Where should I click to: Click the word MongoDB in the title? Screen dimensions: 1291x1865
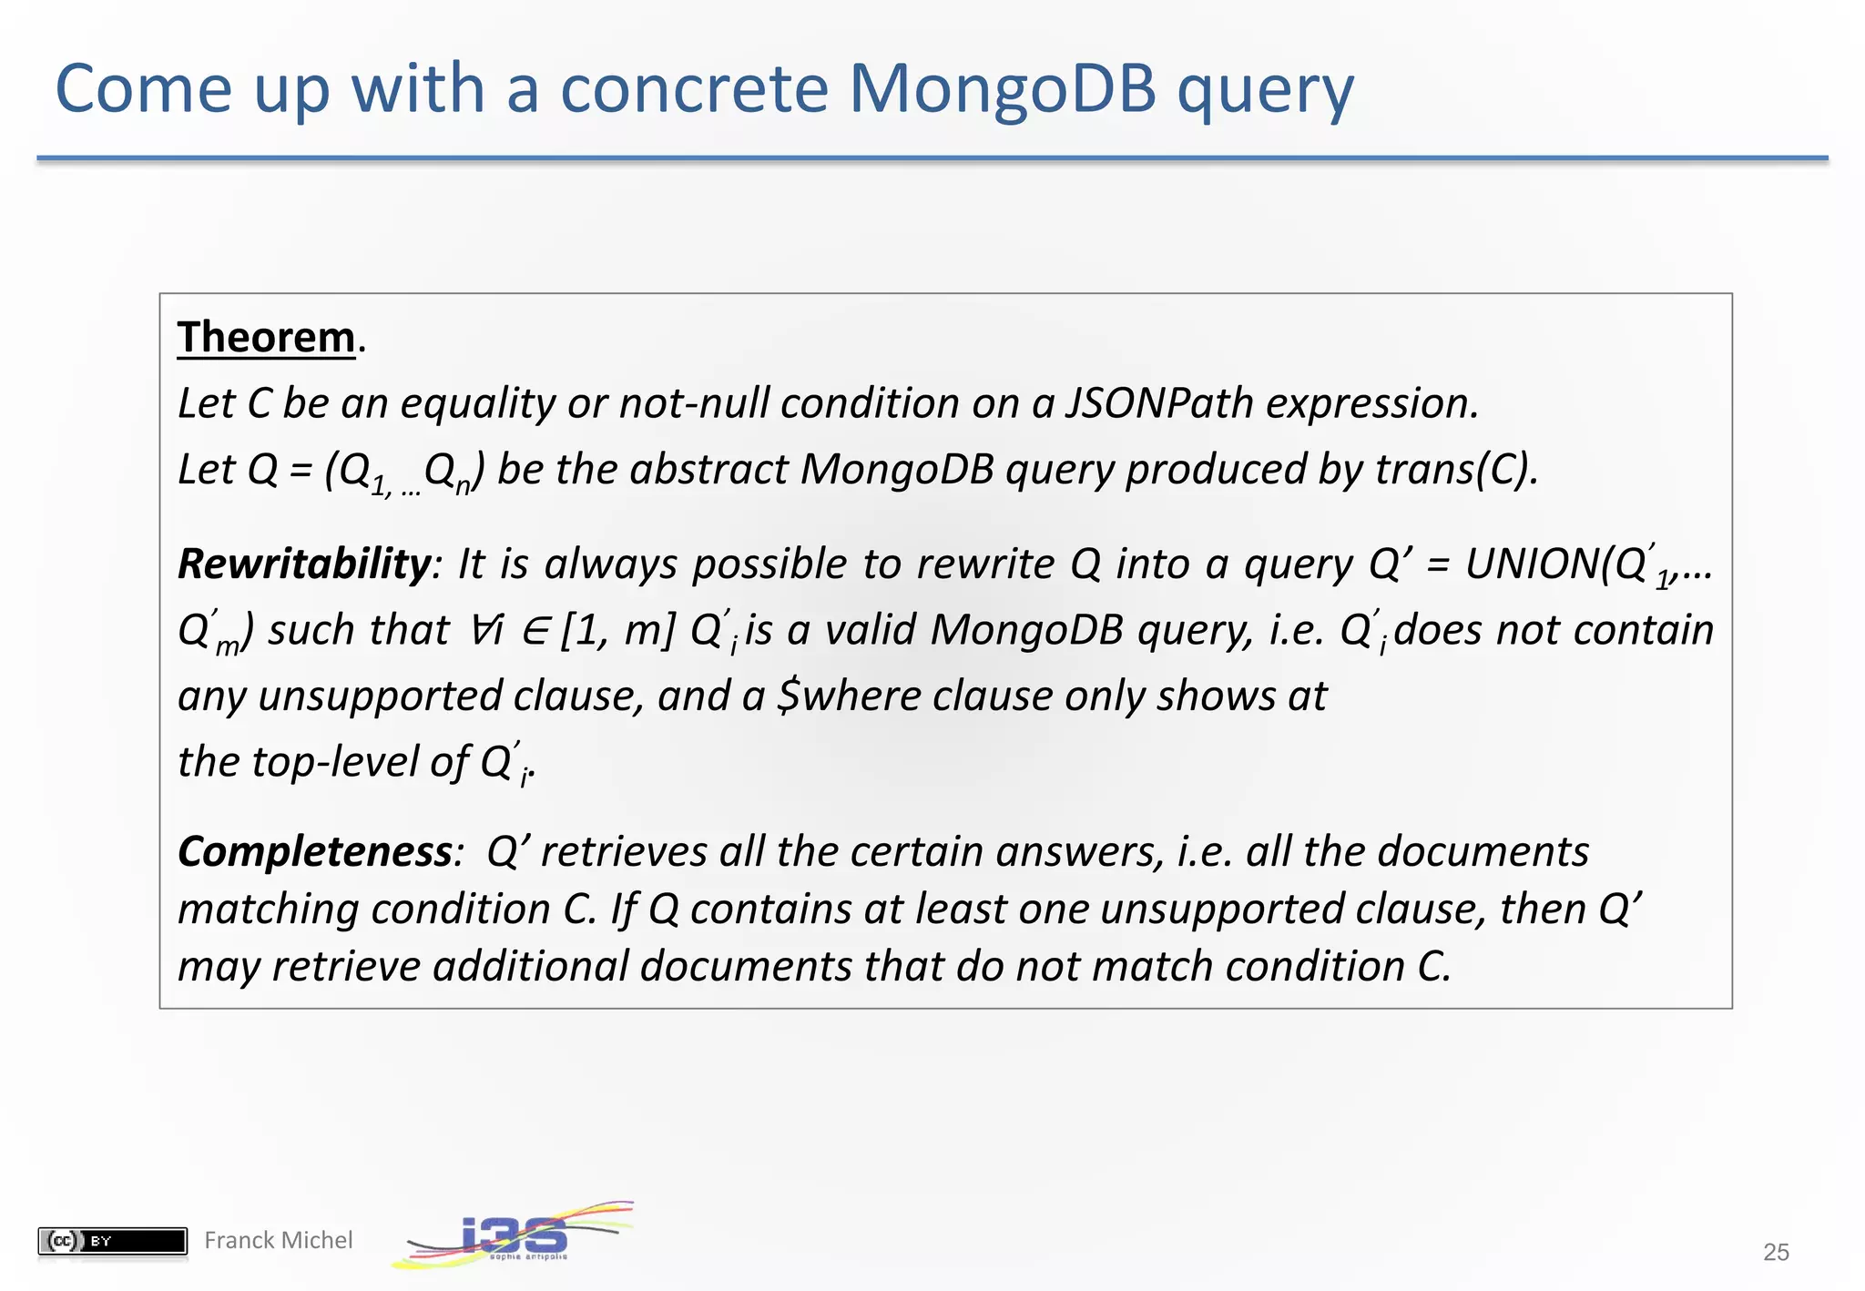(1002, 89)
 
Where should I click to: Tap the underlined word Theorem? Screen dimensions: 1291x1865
(266, 338)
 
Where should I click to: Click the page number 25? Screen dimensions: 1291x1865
(1776, 1252)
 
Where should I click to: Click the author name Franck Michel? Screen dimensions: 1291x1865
(278, 1240)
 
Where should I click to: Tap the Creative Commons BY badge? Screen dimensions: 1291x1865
(112, 1241)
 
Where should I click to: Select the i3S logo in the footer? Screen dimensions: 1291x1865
(515, 1235)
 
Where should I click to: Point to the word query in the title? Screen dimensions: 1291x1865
(1266, 89)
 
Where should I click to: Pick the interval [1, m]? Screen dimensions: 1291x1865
(618, 630)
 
